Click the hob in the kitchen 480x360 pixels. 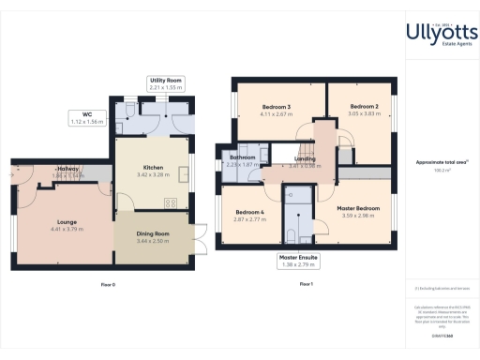pos(172,203)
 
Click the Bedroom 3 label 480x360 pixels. pos(275,108)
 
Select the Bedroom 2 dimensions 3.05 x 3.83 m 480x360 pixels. pos(364,113)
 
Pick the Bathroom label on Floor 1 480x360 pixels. pos(242,157)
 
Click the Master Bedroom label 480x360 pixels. pos(358,207)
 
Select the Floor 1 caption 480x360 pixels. pos(306,283)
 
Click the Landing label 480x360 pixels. pos(305,159)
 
